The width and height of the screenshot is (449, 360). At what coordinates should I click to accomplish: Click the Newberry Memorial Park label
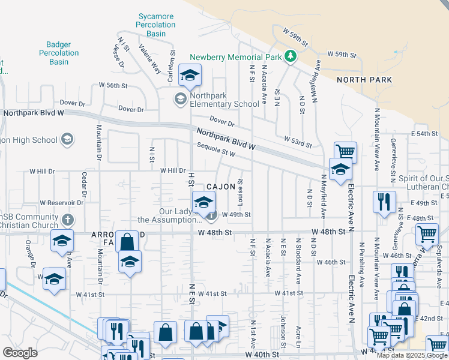point(235,57)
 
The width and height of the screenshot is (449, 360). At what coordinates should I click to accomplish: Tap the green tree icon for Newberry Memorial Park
point(291,56)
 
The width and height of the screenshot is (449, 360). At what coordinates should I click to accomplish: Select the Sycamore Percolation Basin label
point(156,25)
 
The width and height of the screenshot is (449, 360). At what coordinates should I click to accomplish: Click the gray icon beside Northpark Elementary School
point(179,98)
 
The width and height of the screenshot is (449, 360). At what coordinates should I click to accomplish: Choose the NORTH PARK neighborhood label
point(364,80)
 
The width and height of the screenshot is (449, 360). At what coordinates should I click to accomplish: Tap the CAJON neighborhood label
point(221,187)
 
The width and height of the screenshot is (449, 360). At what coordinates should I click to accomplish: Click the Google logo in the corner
point(20,353)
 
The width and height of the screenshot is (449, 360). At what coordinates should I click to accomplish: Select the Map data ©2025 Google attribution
point(412,355)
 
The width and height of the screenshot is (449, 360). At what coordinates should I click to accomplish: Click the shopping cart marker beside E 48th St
point(427,234)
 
